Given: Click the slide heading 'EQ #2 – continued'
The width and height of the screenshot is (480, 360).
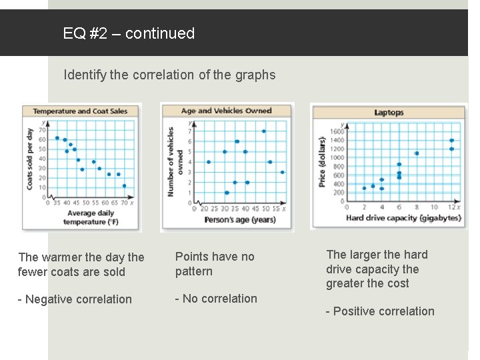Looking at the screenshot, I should [x=129, y=33].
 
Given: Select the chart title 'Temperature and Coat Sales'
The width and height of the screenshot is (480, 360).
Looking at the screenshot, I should [x=81, y=111].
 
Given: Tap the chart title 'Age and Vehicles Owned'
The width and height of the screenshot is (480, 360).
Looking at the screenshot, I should [x=227, y=111].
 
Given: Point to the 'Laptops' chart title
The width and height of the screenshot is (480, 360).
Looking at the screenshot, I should [x=389, y=113].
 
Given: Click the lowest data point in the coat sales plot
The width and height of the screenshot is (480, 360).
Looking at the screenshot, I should [x=124, y=186].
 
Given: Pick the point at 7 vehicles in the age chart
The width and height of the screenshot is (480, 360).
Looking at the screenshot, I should [x=263, y=131].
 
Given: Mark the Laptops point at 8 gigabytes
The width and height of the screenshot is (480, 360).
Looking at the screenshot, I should [x=417, y=153].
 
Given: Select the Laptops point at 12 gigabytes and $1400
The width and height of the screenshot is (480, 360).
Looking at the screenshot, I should [x=452, y=140].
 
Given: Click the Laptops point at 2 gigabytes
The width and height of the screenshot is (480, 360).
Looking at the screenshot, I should [x=364, y=188].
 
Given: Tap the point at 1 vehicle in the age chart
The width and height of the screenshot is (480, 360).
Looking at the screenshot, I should [x=227, y=193].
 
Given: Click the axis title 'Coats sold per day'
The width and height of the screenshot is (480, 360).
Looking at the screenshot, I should [x=30, y=159].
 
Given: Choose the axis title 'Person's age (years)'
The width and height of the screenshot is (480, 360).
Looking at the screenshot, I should [x=239, y=219].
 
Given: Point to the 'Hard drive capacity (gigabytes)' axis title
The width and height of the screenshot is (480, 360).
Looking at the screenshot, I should [x=403, y=217].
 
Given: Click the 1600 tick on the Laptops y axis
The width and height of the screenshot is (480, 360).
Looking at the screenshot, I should [x=339, y=131].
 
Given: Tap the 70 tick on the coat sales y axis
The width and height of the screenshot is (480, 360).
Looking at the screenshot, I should [x=42, y=130].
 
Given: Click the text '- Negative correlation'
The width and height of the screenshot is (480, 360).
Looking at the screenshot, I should [x=75, y=299].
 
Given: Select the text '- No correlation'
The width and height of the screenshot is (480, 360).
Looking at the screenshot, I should [x=216, y=299].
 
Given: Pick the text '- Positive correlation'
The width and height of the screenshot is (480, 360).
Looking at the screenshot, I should [x=380, y=311].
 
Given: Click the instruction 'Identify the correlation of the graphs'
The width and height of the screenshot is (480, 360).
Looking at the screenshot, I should [x=169, y=75].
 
